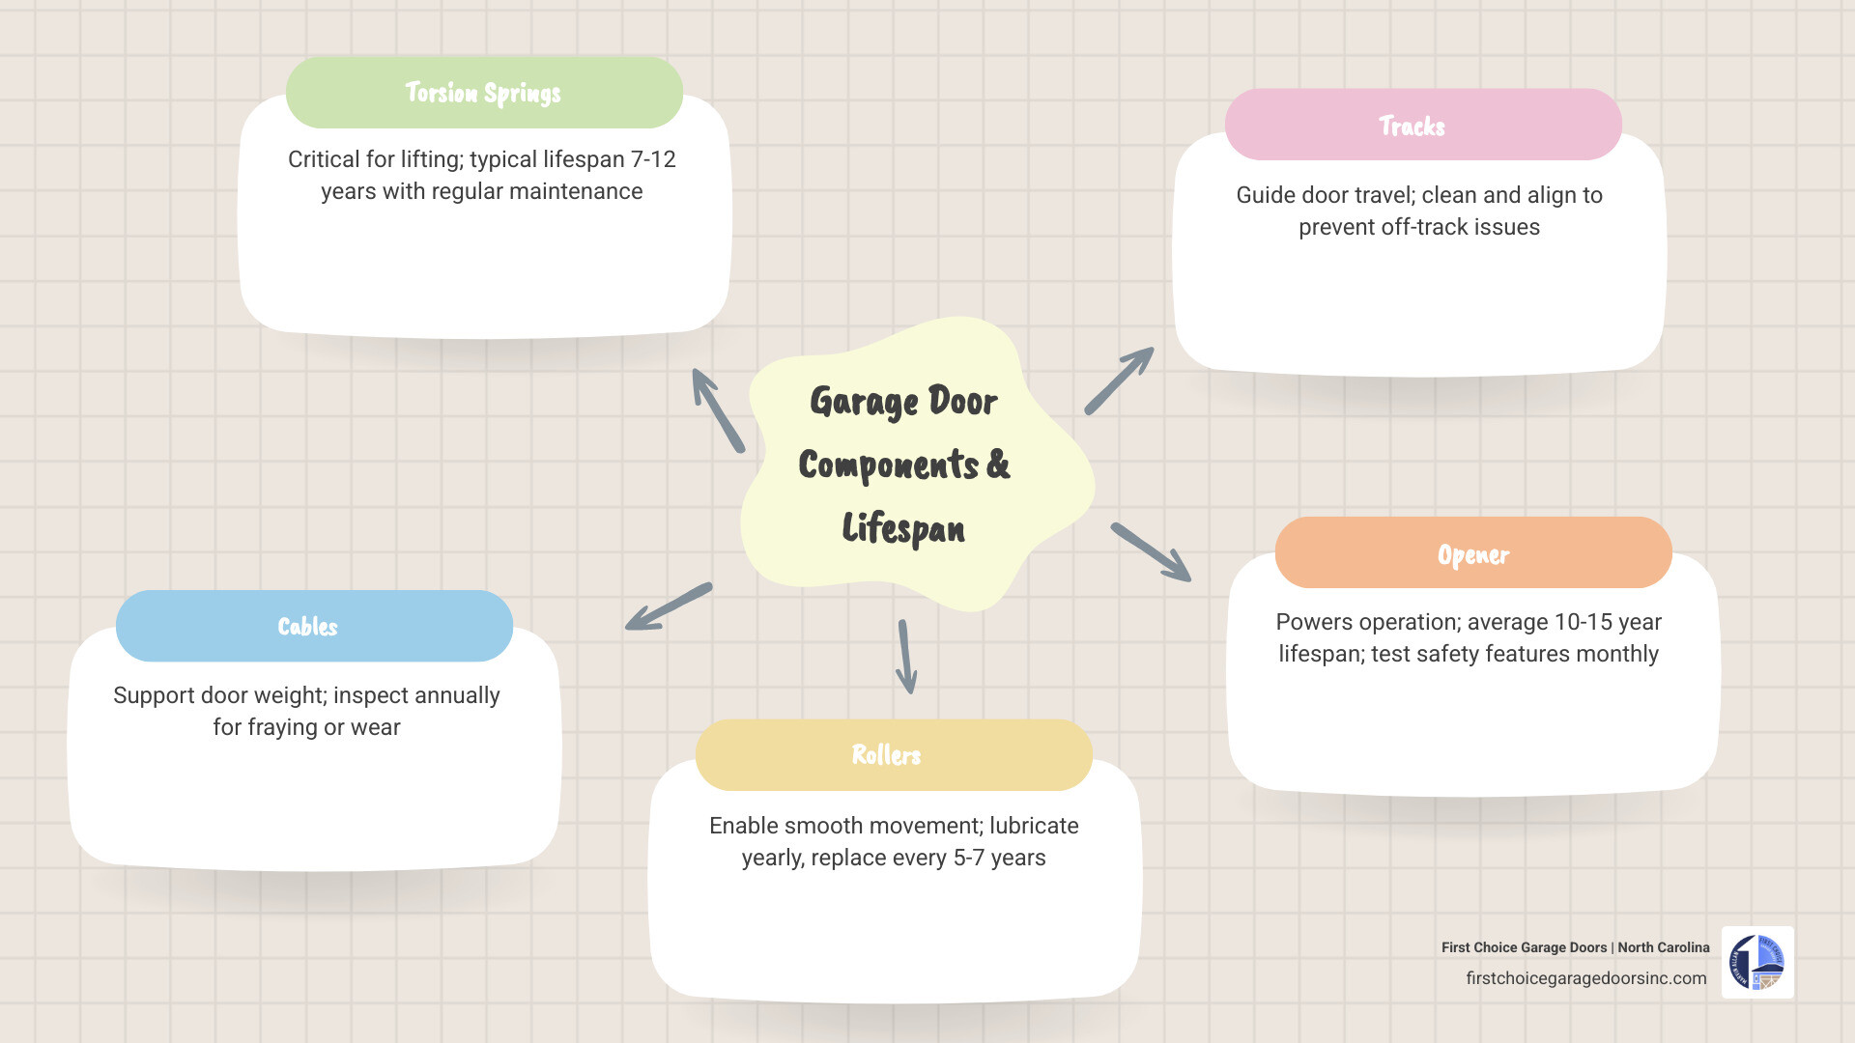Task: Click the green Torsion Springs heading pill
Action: coord(484,93)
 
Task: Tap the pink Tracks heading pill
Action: coord(1422,126)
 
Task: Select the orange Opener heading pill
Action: coord(1473,553)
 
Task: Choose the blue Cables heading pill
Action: coord(314,626)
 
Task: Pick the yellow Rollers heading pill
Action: coord(894,755)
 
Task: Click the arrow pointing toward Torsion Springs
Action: coord(717,409)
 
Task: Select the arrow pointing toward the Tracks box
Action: coord(1119,381)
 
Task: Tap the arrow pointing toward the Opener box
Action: coord(1151,552)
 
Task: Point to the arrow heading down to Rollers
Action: coord(906,657)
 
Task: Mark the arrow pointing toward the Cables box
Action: coord(669,606)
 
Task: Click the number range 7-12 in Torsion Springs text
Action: coord(653,159)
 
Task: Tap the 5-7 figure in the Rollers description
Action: coord(969,858)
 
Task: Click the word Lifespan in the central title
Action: coord(903,529)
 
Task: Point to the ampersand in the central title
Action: coord(999,465)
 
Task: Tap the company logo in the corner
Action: coord(1757,963)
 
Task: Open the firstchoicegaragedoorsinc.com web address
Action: coord(1585,978)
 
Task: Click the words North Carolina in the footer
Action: coord(1663,947)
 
